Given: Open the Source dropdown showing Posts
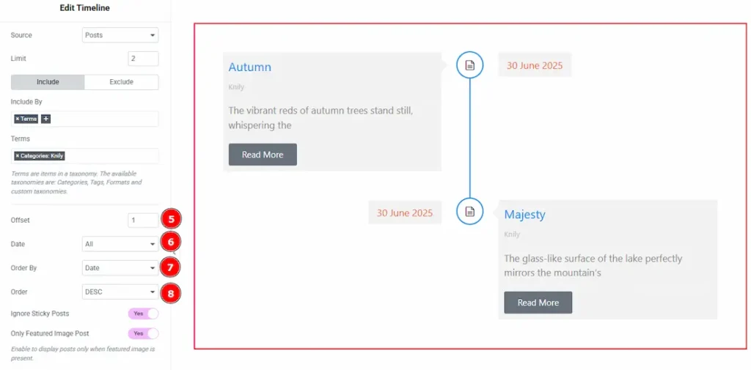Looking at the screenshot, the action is (120, 35).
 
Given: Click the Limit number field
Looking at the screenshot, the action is (143, 59).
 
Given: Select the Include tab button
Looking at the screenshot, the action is (48, 82).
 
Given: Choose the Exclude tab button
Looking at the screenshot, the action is (122, 82).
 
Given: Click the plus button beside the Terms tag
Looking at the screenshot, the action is (45, 119).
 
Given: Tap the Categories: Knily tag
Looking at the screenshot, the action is (40, 155).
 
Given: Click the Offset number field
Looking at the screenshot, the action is (143, 221).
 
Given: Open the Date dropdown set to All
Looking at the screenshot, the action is (120, 244).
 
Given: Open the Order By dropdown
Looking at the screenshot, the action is (120, 268).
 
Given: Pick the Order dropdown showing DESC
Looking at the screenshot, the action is (120, 292).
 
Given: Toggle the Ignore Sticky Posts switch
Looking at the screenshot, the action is (143, 314).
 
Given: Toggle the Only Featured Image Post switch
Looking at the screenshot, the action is (143, 333).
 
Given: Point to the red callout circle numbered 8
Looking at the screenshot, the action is (170, 293).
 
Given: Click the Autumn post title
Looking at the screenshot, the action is (249, 67).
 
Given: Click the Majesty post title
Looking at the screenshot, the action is (524, 215).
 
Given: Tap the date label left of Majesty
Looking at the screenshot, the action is (405, 213).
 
